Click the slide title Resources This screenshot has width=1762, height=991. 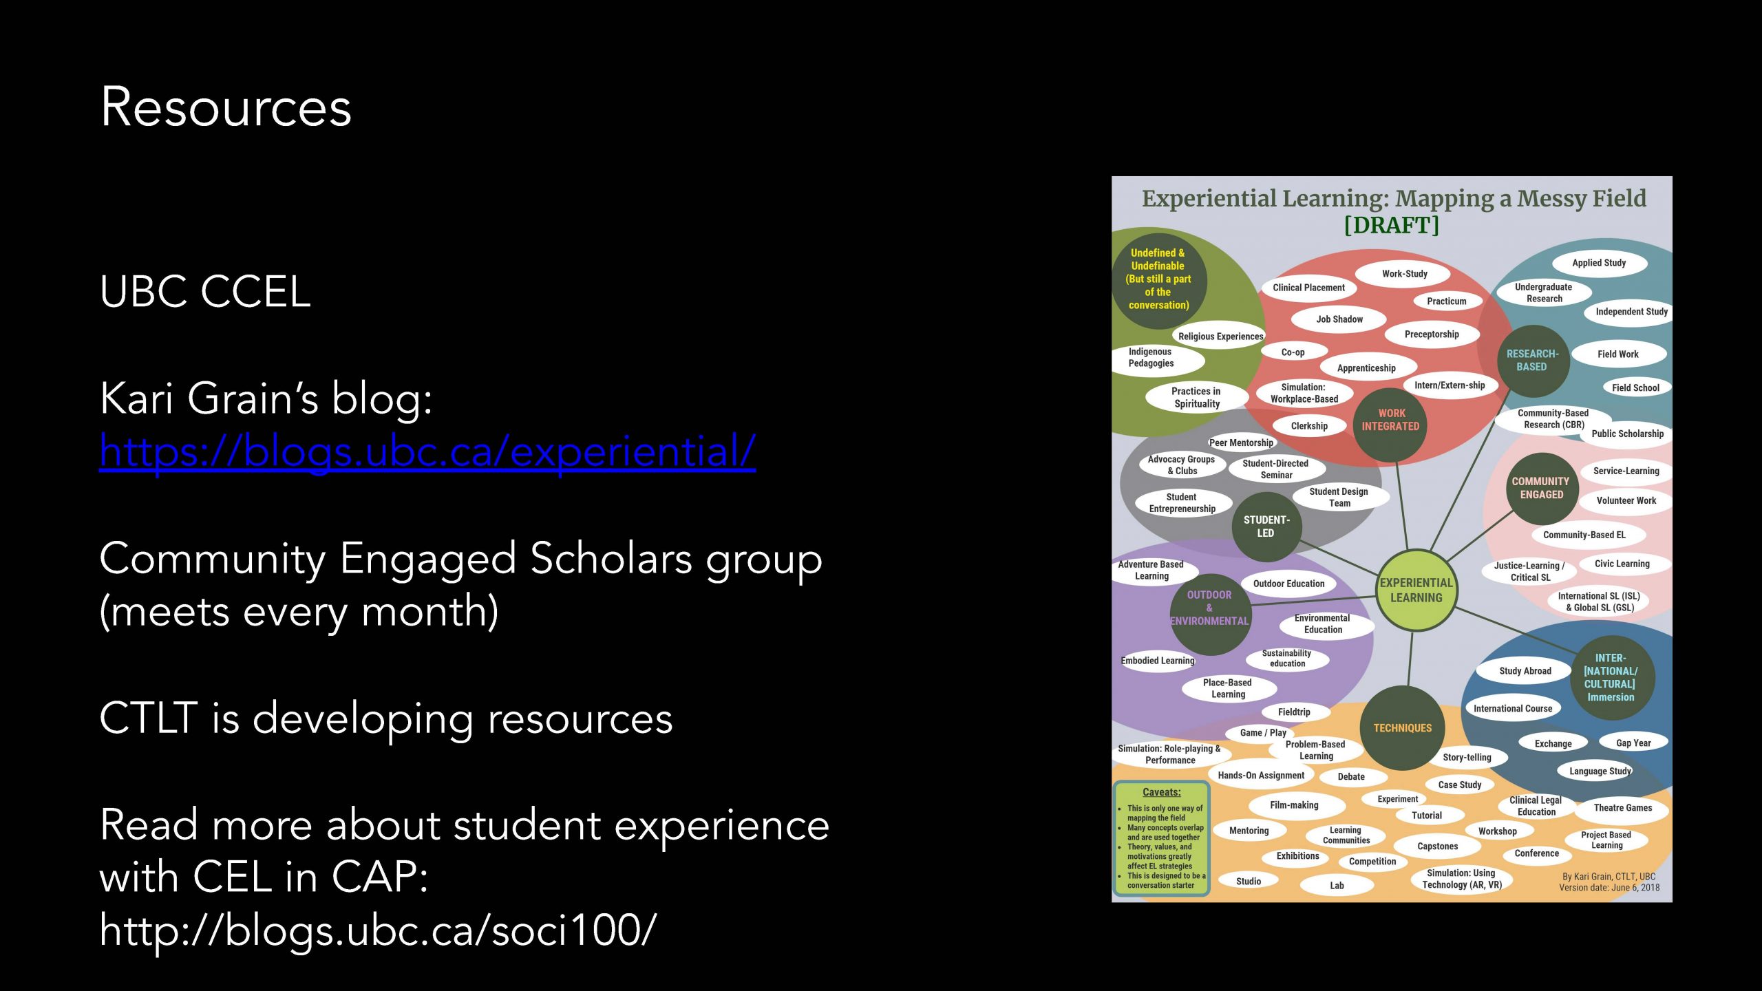pyautogui.click(x=226, y=107)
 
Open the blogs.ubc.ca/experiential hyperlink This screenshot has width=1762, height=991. pyautogui.click(x=427, y=451)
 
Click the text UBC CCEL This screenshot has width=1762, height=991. pyautogui.click(x=205, y=291)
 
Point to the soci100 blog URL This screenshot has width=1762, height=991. pyautogui.click(x=378, y=930)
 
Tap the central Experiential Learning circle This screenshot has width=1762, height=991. pyautogui.click(x=1416, y=590)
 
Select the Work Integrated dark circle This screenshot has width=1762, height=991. pyautogui.click(x=1390, y=420)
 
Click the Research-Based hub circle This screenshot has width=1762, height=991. pyautogui.click(x=1532, y=361)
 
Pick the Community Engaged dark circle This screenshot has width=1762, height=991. pyautogui.click(x=1541, y=488)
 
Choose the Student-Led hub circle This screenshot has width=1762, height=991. pyautogui.click(x=1266, y=526)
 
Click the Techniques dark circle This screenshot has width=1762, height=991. pyautogui.click(x=1402, y=728)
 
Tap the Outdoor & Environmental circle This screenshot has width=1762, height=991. pyautogui.click(x=1209, y=608)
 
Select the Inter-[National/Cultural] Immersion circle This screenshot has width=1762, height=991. pyautogui.click(x=1611, y=678)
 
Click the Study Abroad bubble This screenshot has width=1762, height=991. pyautogui.click(x=1525, y=671)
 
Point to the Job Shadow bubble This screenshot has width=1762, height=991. pyautogui.click(x=1339, y=319)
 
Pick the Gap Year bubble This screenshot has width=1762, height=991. pyautogui.click(x=1633, y=743)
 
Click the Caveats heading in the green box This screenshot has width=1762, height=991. pyautogui.click(x=1161, y=792)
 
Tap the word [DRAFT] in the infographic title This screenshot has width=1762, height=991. pyautogui.click(x=1391, y=226)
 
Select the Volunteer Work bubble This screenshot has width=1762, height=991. pyautogui.click(x=1626, y=501)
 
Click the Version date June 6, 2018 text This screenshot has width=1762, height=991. pyautogui.click(x=1609, y=888)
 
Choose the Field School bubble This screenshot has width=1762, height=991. pyautogui.click(x=1635, y=388)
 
